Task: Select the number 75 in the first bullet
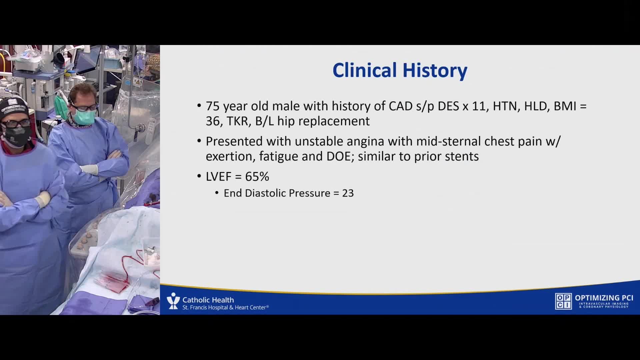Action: coord(213,106)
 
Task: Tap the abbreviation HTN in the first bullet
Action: coord(506,106)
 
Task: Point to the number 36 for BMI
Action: coord(213,121)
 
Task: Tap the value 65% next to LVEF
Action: coord(257,177)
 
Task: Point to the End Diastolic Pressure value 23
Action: coord(348,193)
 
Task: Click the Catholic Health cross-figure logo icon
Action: coord(173,301)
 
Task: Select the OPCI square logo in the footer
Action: coord(563,301)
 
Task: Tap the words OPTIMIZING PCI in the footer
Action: coord(604,298)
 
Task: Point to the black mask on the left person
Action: coord(17,135)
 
